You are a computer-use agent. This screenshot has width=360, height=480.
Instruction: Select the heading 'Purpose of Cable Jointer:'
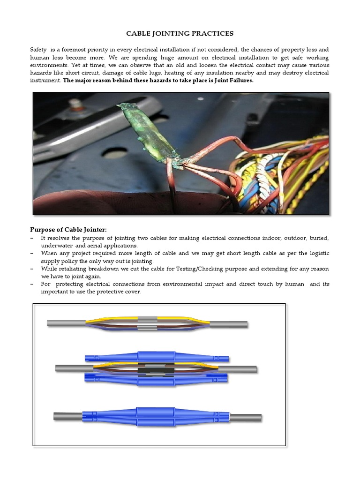(x=68, y=229)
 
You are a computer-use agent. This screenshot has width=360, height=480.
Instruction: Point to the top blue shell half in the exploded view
(x=156, y=357)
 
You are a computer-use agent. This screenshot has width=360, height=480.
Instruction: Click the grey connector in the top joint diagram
(x=148, y=324)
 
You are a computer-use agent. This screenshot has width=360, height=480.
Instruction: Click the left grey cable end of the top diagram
(x=66, y=323)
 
